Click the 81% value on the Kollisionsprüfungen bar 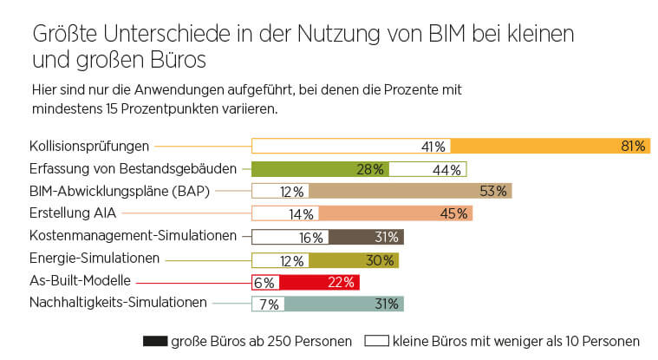(x=633, y=147)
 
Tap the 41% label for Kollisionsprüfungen (x=433, y=147)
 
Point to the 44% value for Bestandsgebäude (x=446, y=169)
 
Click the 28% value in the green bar (x=370, y=169)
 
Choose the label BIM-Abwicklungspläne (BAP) (x=119, y=191)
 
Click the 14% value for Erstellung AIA (x=302, y=213)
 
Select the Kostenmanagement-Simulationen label (x=133, y=235)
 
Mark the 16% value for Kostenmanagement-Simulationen (x=311, y=237)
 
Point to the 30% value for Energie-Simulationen (x=381, y=259)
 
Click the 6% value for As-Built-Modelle (x=264, y=282)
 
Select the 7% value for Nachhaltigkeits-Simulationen (x=268, y=304)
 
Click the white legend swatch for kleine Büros (x=377, y=342)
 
